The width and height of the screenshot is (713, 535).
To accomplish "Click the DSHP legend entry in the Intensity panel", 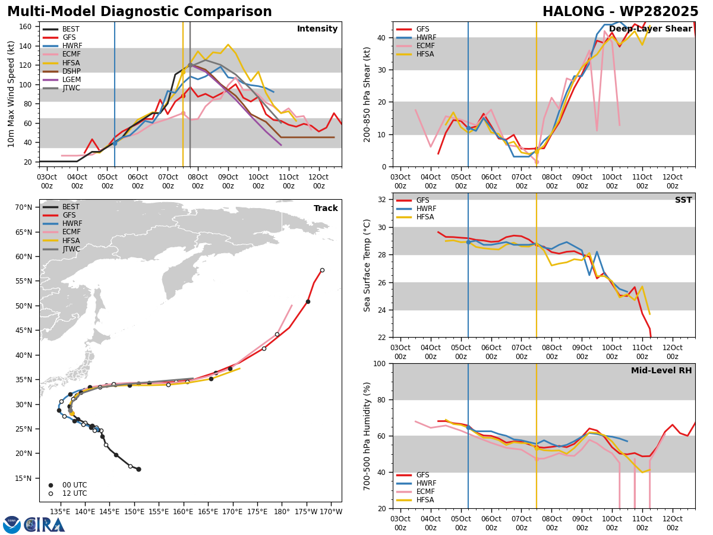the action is point(61,71).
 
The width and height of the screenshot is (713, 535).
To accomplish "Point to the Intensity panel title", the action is point(317,29).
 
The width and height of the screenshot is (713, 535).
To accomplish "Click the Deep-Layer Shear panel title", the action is point(650,29).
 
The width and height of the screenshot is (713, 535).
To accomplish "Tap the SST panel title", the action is point(683,200).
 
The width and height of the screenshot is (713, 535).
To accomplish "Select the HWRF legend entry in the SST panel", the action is point(416,209).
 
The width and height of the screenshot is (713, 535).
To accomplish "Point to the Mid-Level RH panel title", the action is point(661,370).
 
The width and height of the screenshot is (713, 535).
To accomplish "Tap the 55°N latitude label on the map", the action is point(24,281).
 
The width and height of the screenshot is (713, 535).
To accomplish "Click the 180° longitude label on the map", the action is point(282,512).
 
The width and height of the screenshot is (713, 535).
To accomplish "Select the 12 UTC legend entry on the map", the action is point(68,493).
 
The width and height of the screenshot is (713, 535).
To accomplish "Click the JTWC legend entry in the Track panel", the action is point(61,249).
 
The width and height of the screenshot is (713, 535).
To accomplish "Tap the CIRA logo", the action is point(44,525).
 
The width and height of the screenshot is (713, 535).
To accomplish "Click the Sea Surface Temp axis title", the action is point(367,265).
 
